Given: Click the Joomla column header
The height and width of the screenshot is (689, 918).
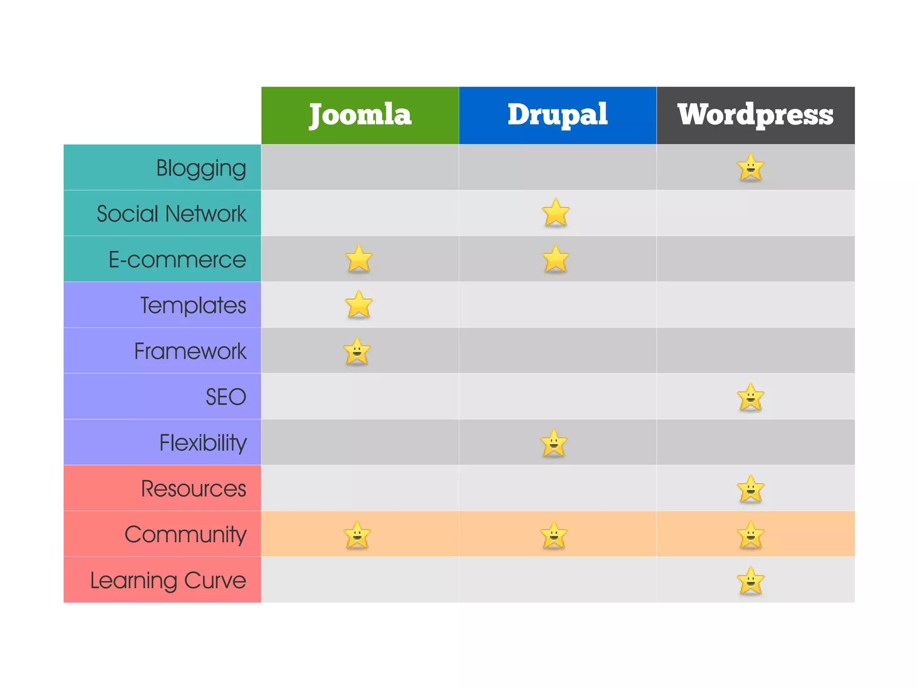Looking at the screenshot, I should pyautogui.click(x=360, y=115).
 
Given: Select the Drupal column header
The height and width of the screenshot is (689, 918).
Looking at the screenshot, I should pyautogui.click(x=557, y=115).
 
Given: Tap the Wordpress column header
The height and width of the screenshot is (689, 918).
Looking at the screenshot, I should pyautogui.click(x=755, y=115).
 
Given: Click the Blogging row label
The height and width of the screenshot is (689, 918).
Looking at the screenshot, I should pyautogui.click(x=201, y=168).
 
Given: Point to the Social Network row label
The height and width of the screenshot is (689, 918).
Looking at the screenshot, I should pyautogui.click(x=171, y=214).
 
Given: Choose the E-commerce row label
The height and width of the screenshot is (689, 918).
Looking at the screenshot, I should pyautogui.click(x=177, y=260).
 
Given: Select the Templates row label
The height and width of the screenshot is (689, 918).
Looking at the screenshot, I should pyautogui.click(x=193, y=305).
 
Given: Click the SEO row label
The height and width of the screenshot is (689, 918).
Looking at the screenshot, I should pyautogui.click(x=226, y=397).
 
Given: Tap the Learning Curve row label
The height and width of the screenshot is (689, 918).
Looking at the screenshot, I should pyautogui.click(x=168, y=580).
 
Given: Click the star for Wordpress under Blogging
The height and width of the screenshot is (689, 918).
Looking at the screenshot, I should pyautogui.click(x=750, y=168).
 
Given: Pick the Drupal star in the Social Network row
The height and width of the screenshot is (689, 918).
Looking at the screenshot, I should pyautogui.click(x=556, y=213).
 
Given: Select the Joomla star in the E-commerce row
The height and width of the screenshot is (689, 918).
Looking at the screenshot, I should pyautogui.click(x=359, y=259).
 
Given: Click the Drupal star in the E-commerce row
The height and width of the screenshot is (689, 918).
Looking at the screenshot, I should pyautogui.click(x=556, y=259).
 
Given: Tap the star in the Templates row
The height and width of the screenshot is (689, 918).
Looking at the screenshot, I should pyautogui.click(x=359, y=305).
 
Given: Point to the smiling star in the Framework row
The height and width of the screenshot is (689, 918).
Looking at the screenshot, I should pyautogui.click(x=357, y=351).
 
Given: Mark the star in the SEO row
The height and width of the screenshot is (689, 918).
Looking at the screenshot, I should pyautogui.click(x=750, y=397).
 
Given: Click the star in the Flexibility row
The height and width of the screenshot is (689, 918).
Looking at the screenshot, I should pyautogui.click(x=554, y=443).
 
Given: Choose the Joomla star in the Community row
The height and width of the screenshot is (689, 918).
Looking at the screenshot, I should pyautogui.click(x=357, y=535).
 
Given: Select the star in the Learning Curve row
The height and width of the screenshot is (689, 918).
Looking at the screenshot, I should pyautogui.click(x=750, y=581).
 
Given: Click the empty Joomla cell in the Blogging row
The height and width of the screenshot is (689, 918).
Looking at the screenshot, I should pyautogui.click(x=360, y=167).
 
